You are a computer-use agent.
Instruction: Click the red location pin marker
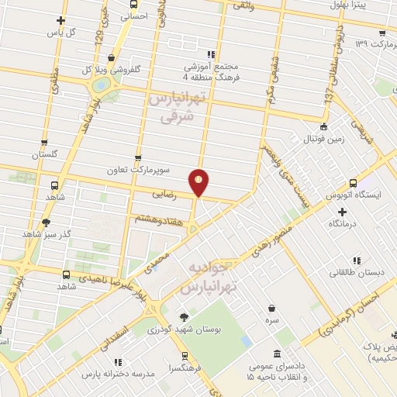point(200,182)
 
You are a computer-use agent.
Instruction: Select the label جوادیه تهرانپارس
point(207,278)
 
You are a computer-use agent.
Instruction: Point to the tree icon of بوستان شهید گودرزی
point(184,317)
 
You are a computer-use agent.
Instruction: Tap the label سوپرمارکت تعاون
point(140,169)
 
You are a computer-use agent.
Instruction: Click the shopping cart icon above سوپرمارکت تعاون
point(139,157)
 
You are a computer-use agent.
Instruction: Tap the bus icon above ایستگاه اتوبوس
point(354,185)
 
